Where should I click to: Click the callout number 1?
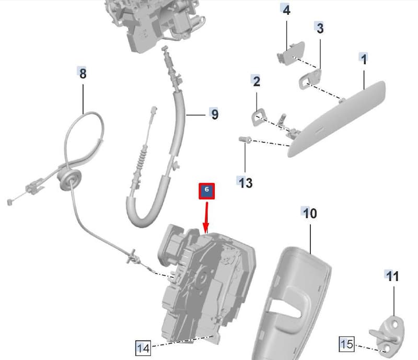364,59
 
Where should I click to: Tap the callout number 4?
286,10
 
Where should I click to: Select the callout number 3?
320,28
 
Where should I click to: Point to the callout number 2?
256,81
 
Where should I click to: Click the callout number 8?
83,73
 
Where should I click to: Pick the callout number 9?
215,114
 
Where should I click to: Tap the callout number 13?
245,183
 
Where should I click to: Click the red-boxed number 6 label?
206,191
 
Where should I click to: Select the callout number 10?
310,213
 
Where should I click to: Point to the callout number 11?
393,276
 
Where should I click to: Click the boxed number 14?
143,348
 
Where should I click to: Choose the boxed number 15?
347,344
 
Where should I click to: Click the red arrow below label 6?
206,217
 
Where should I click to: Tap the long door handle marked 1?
336,119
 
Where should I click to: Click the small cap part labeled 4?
291,53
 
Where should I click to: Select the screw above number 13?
245,140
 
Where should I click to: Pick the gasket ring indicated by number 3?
310,79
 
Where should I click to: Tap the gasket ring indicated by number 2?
259,118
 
